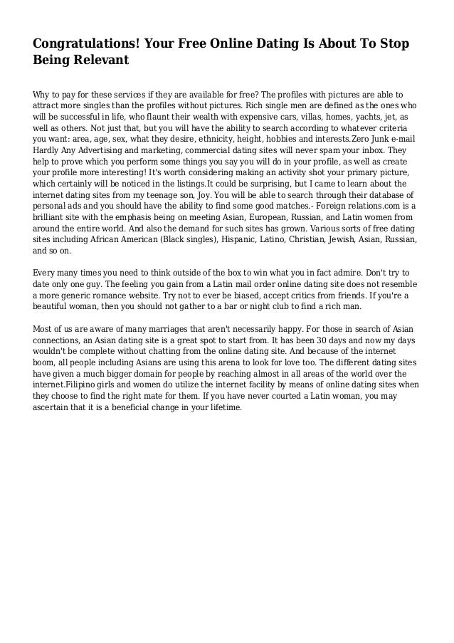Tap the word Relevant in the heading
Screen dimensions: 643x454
pos(98,61)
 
